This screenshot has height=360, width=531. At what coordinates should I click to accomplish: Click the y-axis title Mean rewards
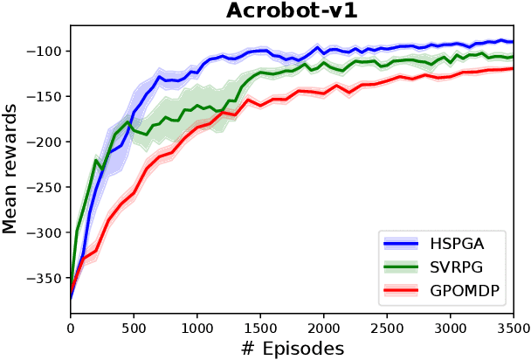[x=10, y=168]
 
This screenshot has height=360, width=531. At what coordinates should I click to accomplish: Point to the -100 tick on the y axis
[x=45, y=51]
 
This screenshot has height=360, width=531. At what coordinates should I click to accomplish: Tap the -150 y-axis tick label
[x=45, y=96]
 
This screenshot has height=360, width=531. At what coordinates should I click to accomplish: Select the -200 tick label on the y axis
[x=45, y=142]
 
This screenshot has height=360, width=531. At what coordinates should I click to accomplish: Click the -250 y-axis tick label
[x=45, y=187]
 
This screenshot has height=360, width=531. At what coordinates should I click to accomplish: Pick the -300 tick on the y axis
[x=45, y=232]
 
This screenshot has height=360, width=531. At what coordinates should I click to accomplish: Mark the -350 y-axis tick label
[x=45, y=278]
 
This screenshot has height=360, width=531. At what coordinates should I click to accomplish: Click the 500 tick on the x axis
[x=134, y=329]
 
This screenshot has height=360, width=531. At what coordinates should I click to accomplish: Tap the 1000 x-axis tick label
[x=197, y=329]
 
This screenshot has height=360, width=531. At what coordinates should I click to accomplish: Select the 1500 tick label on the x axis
[x=260, y=329]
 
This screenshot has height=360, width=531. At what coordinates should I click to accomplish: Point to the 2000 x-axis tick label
[x=324, y=329]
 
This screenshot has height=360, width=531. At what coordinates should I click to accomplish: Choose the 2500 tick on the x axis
[x=387, y=329]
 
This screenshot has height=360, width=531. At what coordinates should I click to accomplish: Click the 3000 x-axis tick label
[x=451, y=329]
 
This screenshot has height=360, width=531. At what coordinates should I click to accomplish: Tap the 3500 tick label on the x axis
[x=512, y=329]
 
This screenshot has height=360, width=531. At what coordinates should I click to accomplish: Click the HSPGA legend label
[x=459, y=243]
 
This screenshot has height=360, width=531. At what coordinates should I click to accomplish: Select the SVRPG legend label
[x=459, y=267]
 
